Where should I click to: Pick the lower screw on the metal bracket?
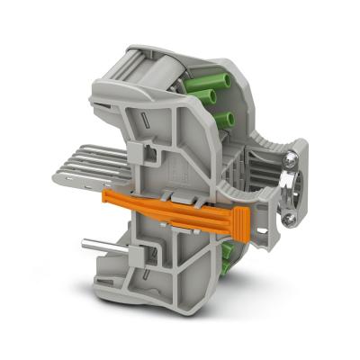290,217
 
